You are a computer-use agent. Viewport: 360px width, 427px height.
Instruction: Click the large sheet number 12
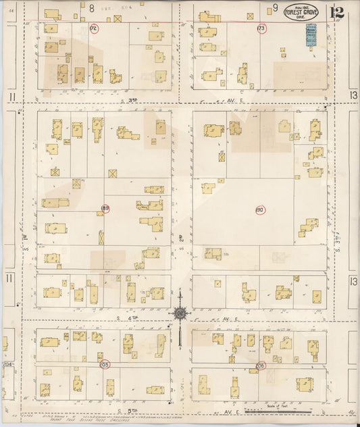336,12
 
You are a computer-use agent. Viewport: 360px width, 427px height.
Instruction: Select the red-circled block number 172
94,28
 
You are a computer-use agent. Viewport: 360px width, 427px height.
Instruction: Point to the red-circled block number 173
261,28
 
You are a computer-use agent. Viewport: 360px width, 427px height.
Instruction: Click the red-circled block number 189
105,208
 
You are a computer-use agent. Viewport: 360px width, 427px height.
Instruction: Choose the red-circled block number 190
260,210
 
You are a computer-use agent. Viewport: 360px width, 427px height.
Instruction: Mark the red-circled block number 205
104,364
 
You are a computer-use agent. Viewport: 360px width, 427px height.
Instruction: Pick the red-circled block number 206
261,365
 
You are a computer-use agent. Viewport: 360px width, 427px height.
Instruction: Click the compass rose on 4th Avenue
180,313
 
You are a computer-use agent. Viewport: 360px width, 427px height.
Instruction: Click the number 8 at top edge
91,7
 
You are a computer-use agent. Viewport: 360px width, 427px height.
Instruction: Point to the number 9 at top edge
275,7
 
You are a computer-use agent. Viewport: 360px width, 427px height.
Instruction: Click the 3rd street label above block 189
133,99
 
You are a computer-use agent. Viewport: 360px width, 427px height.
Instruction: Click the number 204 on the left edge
7,364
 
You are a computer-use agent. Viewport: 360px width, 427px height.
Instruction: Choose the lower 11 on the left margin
9,278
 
